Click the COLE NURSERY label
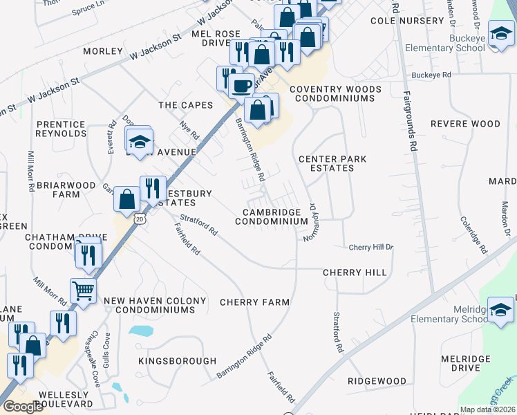click(x=407, y=21)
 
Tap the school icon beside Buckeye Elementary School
click(x=500, y=34)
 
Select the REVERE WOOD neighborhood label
click(x=465, y=124)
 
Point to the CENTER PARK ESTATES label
click(x=332, y=163)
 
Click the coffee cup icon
click(x=241, y=86)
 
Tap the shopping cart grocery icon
click(x=83, y=291)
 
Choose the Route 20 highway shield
click(x=140, y=219)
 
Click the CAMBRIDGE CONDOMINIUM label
click(x=271, y=216)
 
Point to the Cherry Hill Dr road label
click(x=370, y=247)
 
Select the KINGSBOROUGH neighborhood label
click(x=177, y=361)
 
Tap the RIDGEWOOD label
click(x=377, y=381)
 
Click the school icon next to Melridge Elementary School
click(x=501, y=309)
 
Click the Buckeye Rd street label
click(x=431, y=75)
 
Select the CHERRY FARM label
click(x=254, y=302)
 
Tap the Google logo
click(x=23, y=407)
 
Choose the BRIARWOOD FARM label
click(x=58, y=190)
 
